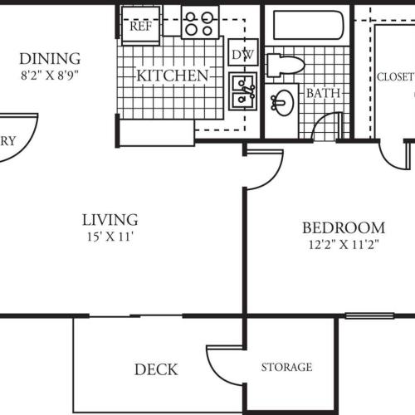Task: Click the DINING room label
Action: click(50, 58)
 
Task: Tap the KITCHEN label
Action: click(172, 76)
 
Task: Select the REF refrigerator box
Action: click(139, 24)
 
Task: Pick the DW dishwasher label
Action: click(243, 55)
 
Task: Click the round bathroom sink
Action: click(283, 101)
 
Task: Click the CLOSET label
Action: click(395, 77)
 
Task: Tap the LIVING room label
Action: click(110, 220)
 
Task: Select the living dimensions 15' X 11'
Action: click(110, 237)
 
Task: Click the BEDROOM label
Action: click(343, 227)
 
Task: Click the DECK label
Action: click(156, 369)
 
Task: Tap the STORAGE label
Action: click(287, 367)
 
